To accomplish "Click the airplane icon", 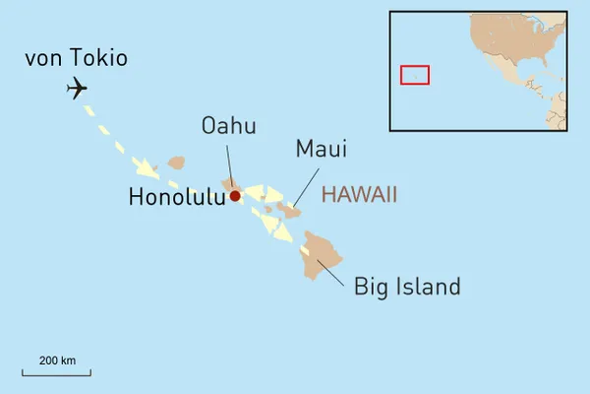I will (x=77, y=89).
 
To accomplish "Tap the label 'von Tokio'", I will (x=76, y=58).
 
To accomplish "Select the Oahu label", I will (x=228, y=125).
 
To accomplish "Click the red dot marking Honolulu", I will (x=235, y=196).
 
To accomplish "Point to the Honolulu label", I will (x=177, y=197).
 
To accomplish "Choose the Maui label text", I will (x=321, y=149).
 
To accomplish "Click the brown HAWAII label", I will (x=359, y=194).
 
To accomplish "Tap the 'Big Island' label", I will (x=407, y=287).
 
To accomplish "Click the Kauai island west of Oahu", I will (x=176, y=163).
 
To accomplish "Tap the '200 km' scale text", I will (x=57, y=361).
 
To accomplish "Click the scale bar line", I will (x=57, y=374).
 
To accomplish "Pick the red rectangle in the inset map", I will (x=415, y=74).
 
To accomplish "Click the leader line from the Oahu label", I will (x=230, y=161).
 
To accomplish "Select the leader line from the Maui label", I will (x=307, y=184).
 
